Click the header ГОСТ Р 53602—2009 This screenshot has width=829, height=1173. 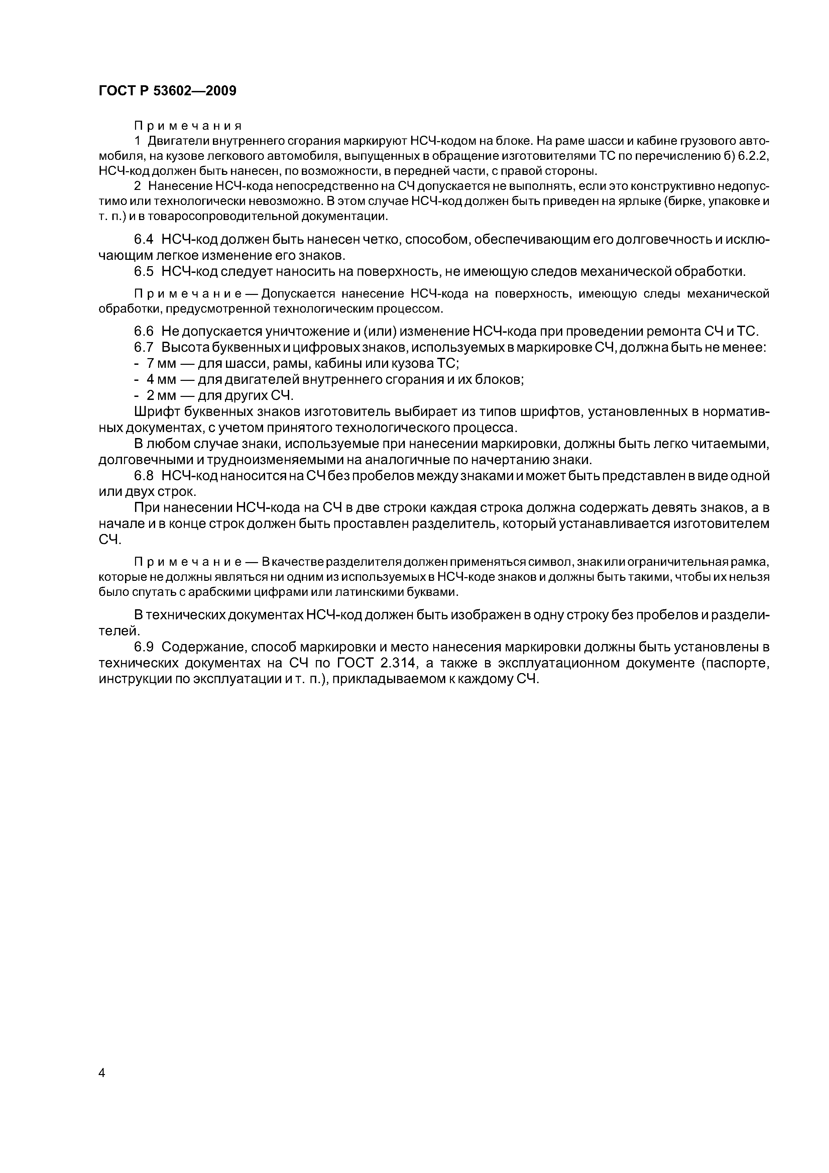[167, 91]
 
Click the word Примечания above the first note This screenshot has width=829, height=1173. [188, 125]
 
